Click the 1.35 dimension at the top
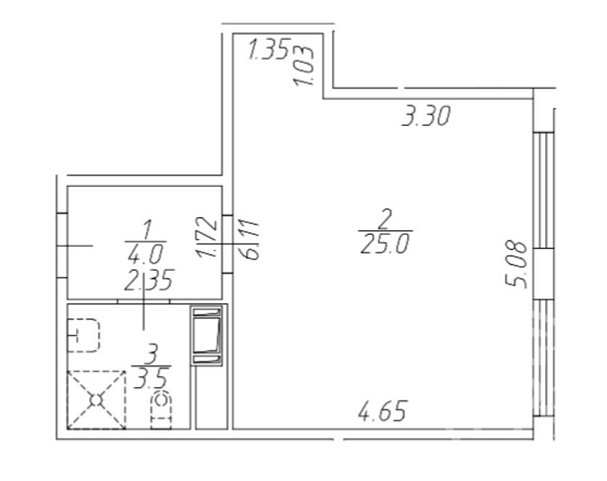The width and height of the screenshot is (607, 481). click(x=269, y=49)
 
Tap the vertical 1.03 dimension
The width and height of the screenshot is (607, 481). click(x=303, y=66)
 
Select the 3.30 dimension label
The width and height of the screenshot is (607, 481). click(x=426, y=116)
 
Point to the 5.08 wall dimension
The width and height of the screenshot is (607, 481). click(x=517, y=265)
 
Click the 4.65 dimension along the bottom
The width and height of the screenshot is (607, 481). click(x=382, y=410)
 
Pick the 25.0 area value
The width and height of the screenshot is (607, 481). click(x=384, y=245)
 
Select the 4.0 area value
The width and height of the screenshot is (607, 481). click(x=146, y=254)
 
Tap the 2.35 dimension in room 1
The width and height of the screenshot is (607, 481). click(x=148, y=280)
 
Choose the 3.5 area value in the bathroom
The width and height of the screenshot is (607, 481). click(x=152, y=378)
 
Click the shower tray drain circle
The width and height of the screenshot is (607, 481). click(x=95, y=400)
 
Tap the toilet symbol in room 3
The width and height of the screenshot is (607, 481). click(x=161, y=410)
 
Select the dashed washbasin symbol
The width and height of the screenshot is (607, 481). click(x=84, y=335)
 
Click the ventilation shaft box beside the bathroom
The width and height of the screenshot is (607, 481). click(x=207, y=335)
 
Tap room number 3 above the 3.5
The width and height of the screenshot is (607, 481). click(x=152, y=354)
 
